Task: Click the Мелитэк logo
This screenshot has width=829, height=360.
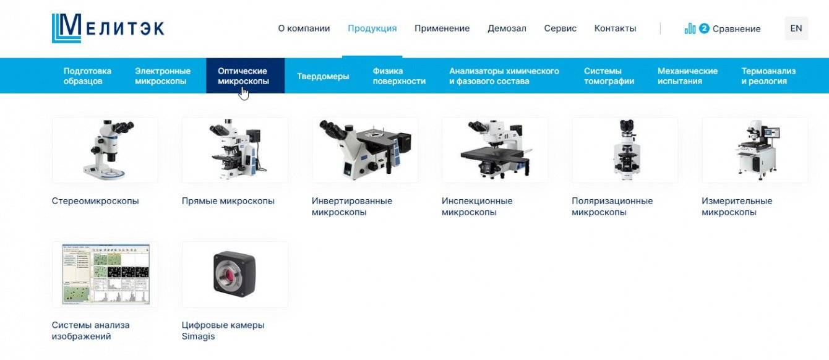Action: point(108,28)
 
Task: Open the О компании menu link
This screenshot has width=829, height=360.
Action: point(304,28)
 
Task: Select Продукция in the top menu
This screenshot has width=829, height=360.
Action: point(372,28)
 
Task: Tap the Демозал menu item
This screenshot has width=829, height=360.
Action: point(507,28)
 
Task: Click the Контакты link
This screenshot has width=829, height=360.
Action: point(615,28)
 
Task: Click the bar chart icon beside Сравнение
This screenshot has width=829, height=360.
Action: point(690,28)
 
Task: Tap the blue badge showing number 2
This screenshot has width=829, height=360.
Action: point(704,28)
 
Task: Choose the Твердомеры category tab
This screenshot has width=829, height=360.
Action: point(323,76)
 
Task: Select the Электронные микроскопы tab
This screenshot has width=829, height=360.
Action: point(163,76)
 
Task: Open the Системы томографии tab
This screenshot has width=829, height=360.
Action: point(609,76)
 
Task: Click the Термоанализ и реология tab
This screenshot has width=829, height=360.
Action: point(768,76)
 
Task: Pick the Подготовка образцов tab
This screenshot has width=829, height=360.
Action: point(87,76)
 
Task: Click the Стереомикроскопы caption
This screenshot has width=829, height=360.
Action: point(95,201)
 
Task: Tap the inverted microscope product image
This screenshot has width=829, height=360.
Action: point(365,150)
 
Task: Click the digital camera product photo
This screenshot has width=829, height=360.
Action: point(234,274)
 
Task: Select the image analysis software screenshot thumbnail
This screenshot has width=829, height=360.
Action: point(105,274)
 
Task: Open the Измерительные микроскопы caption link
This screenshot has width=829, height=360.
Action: point(736,207)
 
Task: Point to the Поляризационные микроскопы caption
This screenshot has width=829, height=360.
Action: point(612,207)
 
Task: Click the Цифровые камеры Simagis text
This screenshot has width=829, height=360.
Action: point(223,330)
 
